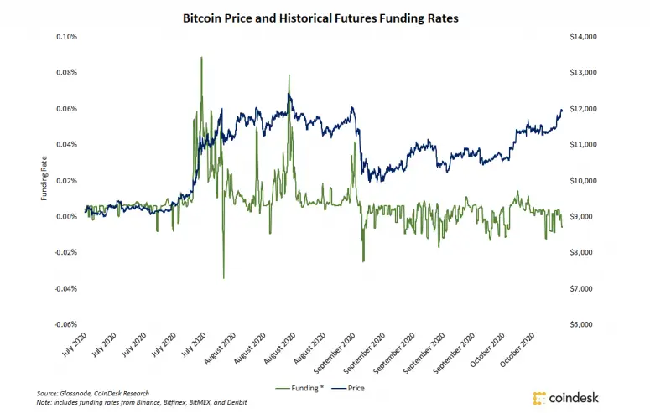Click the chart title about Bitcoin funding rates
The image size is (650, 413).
(325, 17)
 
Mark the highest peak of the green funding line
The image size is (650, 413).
(201, 57)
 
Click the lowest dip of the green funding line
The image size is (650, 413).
(223, 278)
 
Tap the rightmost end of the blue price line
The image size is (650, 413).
(562, 110)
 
